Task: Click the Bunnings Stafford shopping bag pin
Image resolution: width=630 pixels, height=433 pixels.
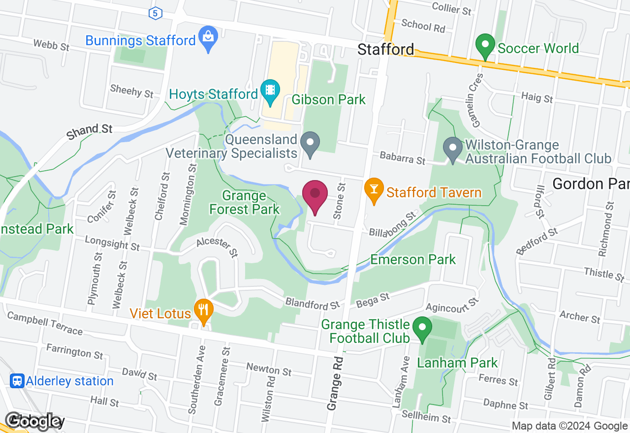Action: click(208, 37)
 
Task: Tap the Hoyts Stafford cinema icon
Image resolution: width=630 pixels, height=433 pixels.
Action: click(270, 91)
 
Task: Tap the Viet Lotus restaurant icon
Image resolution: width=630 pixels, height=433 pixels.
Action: click(202, 310)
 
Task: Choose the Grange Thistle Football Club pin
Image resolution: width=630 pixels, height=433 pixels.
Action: click(422, 328)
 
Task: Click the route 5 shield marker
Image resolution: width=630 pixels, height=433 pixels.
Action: click(156, 13)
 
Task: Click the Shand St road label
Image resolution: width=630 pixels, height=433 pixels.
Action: click(90, 131)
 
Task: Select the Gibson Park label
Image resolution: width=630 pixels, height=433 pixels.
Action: click(329, 100)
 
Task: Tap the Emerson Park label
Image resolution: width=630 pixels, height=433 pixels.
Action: click(413, 259)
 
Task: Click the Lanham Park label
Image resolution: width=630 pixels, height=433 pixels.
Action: click(457, 364)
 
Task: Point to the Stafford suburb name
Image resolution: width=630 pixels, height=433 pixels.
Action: click(385, 49)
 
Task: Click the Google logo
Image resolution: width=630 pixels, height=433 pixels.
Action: click(34, 421)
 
